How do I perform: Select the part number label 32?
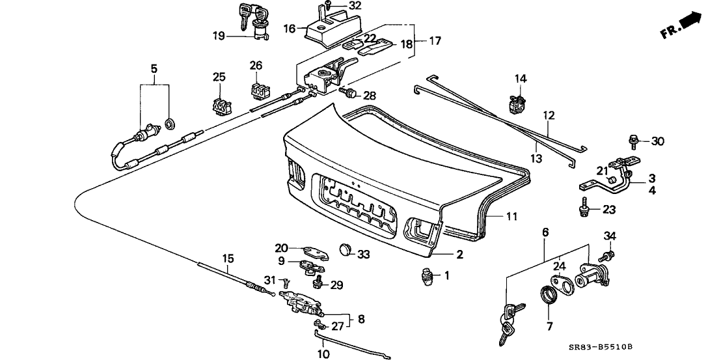[x=354, y=6]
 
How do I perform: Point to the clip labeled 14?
[x=518, y=102]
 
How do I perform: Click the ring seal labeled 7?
[x=549, y=296]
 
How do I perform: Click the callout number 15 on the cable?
[x=228, y=258]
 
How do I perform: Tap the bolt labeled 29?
[x=319, y=281]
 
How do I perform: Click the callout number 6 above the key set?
[x=545, y=232]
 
